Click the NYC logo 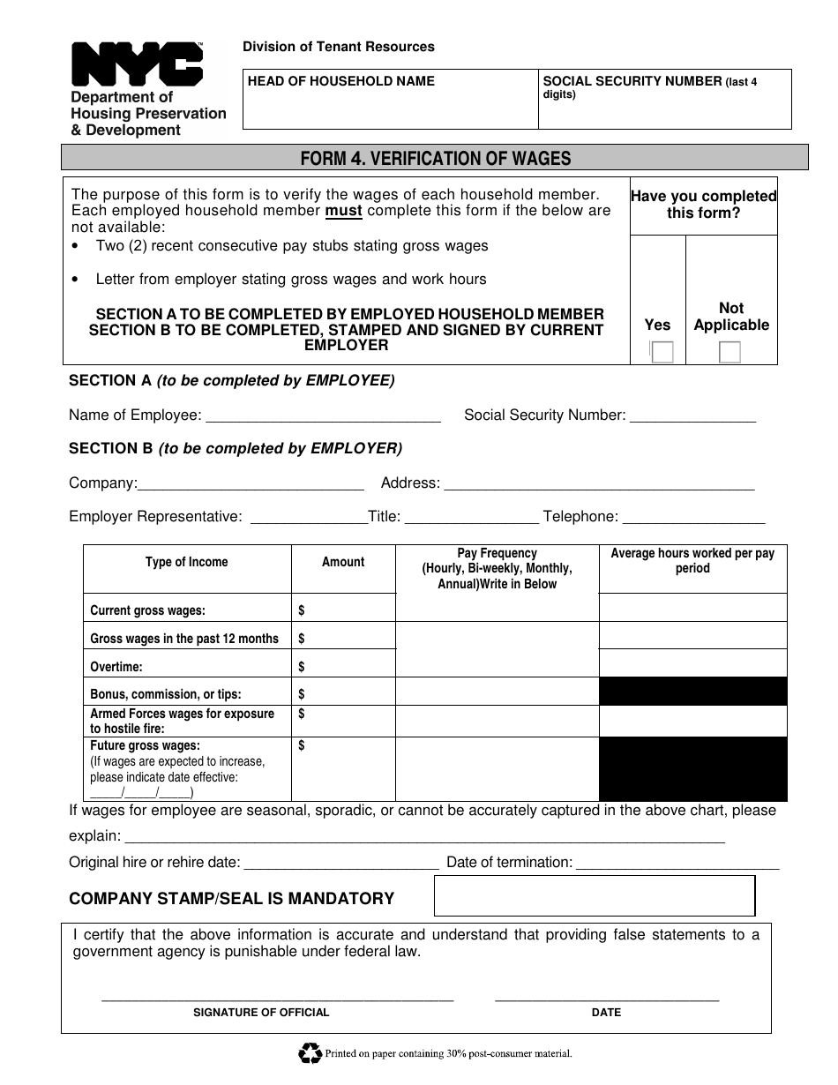coord(137,64)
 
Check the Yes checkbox coord(662,352)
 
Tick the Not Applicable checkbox coord(730,352)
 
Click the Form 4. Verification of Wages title coord(435,159)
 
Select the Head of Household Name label coord(340,81)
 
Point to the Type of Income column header coord(186,562)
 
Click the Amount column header coord(343,562)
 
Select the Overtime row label coord(116,667)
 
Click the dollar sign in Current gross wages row coord(302,610)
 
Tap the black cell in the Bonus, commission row coord(692,692)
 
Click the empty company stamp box coord(595,896)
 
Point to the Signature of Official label coord(261,1013)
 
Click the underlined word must coord(344,211)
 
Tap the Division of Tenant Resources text coord(339,47)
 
